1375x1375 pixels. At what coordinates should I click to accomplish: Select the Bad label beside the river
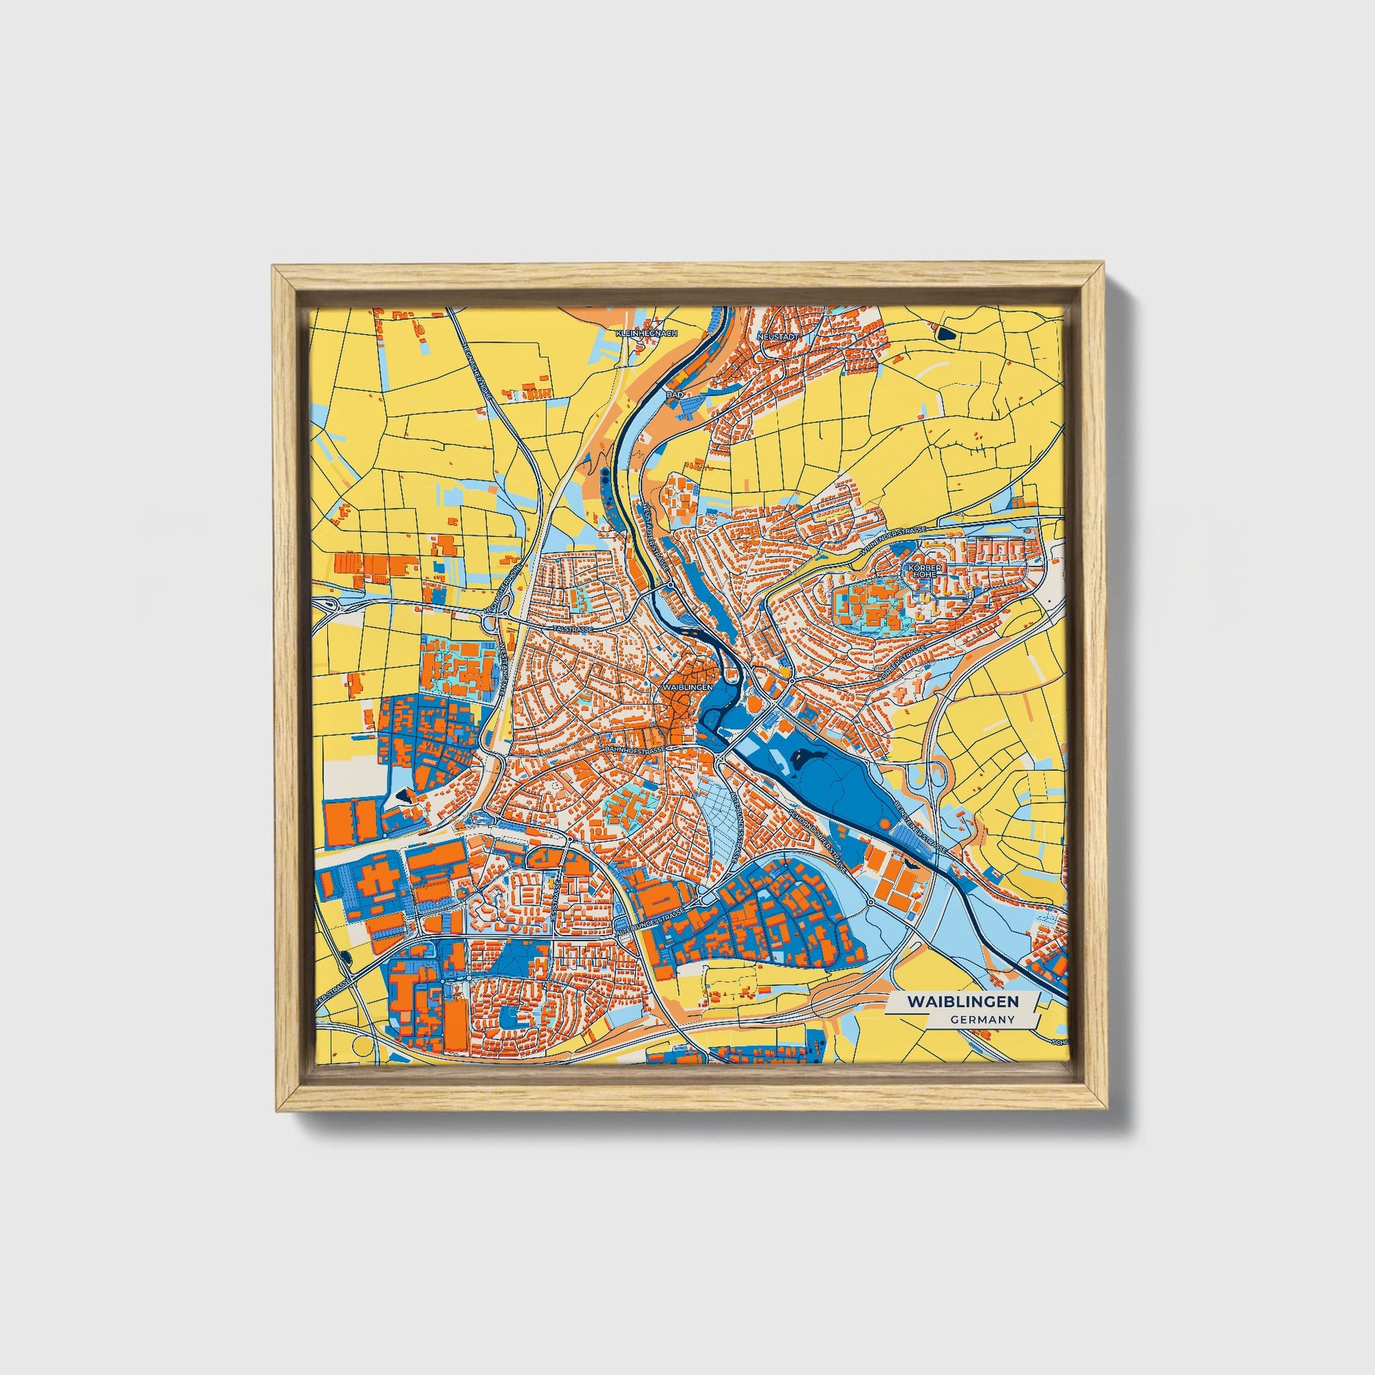coord(674,393)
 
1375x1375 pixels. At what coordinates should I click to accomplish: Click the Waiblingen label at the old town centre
coord(687,688)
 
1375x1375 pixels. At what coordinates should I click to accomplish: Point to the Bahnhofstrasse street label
coord(635,750)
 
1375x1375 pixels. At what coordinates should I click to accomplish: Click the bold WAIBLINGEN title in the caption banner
coord(962,1001)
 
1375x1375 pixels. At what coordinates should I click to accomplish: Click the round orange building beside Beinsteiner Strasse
coord(884,823)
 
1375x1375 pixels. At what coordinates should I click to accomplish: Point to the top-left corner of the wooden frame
coord(276,268)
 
